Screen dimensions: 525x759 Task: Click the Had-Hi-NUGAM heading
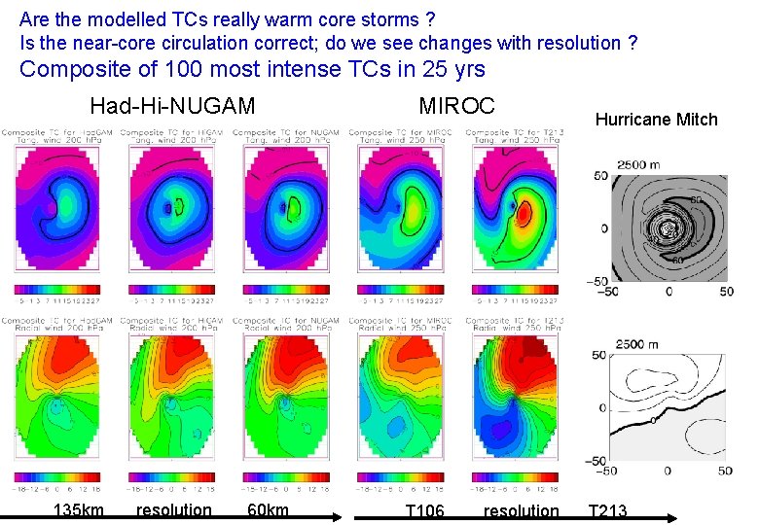(x=172, y=106)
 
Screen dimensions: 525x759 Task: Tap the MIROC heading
(x=456, y=106)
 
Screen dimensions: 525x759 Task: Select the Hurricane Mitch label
(x=656, y=120)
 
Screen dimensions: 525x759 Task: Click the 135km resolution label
(x=79, y=510)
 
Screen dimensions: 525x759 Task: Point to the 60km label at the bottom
(x=269, y=510)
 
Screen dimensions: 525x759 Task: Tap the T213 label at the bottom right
(x=607, y=510)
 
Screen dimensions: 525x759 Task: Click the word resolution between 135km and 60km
(x=174, y=510)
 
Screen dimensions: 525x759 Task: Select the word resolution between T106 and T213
(x=521, y=510)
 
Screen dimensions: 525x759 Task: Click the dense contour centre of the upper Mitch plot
(x=669, y=228)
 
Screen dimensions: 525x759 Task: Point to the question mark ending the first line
(x=430, y=18)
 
